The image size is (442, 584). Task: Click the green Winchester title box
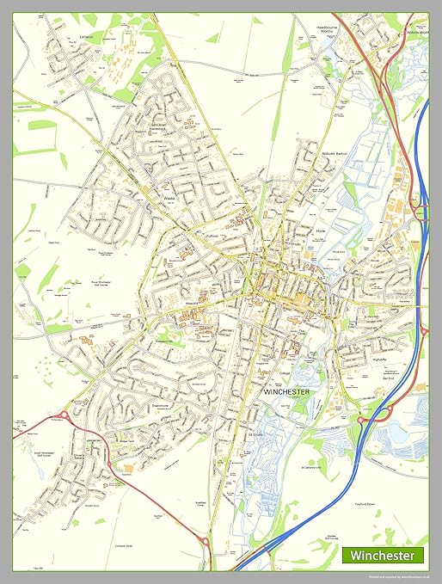[383, 556]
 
